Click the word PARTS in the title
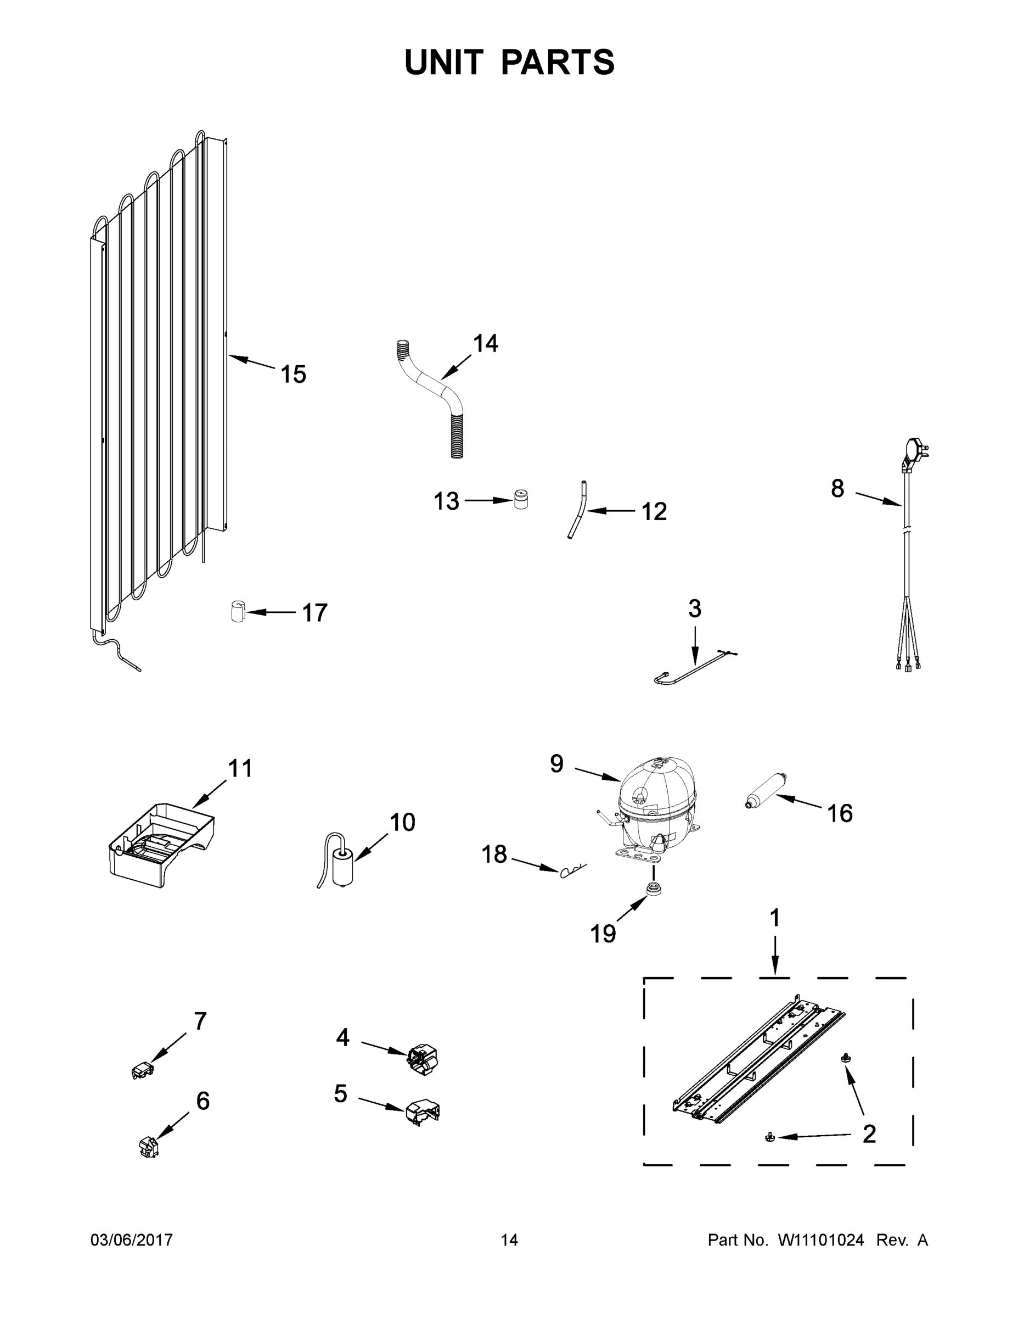click(x=557, y=62)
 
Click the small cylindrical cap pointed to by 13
click(x=520, y=499)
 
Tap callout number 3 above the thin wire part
click(x=694, y=609)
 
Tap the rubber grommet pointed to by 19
click(x=652, y=889)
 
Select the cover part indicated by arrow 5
click(x=423, y=1111)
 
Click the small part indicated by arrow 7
click(x=142, y=1071)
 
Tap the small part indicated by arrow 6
click(x=148, y=1146)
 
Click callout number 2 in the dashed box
click(x=868, y=1134)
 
